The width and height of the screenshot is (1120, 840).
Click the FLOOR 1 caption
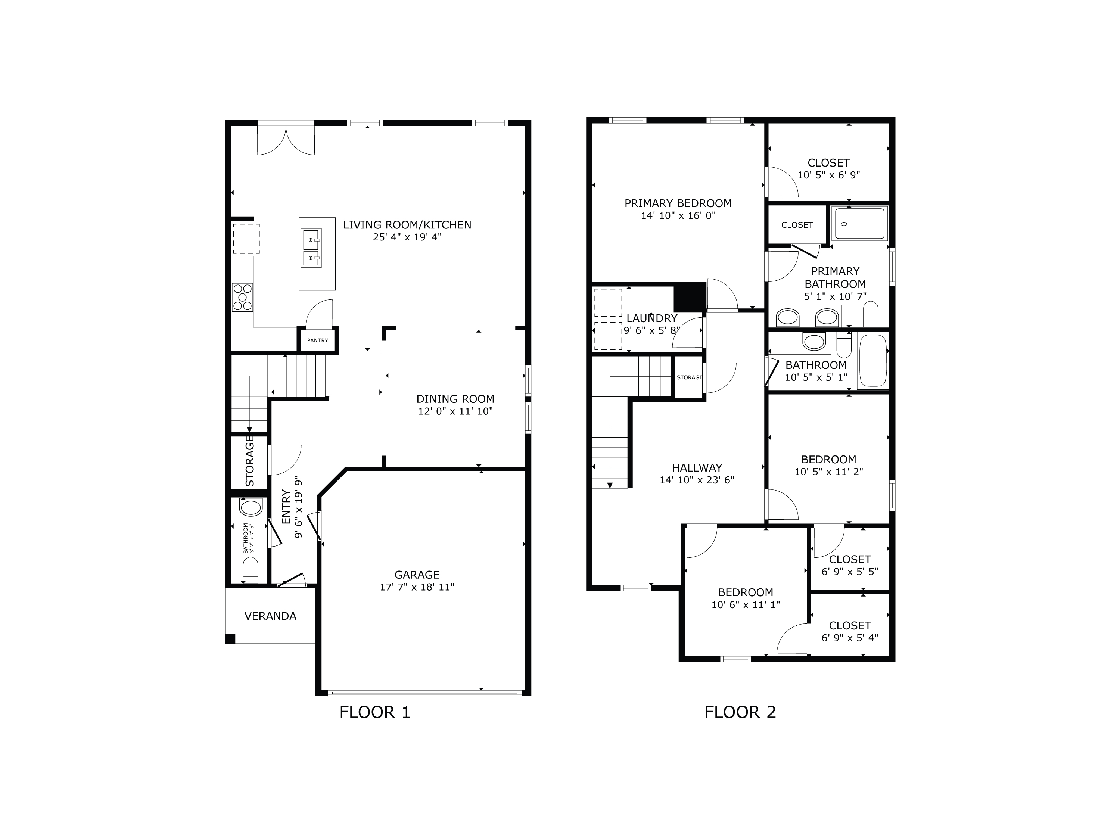tap(375, 712)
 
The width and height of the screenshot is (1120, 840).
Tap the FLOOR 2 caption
tap(740, 712)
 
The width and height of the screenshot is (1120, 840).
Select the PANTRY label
tap(317, 340)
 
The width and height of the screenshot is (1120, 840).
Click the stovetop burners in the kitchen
tap(242, 297)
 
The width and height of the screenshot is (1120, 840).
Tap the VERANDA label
tap(270, 616)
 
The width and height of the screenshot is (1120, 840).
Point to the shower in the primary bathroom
tap(860, 223)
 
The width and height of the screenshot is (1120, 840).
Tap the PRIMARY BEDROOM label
tap(678, 203)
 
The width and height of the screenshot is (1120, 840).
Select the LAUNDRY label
tap(651, 318)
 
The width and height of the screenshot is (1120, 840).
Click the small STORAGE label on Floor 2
tap(690, 377)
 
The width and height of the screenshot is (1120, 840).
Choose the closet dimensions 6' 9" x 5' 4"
tap(850, 638)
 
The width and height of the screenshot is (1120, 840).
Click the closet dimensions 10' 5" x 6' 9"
tap(828, 175)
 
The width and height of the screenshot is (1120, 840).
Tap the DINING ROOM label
tap(455, 399)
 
